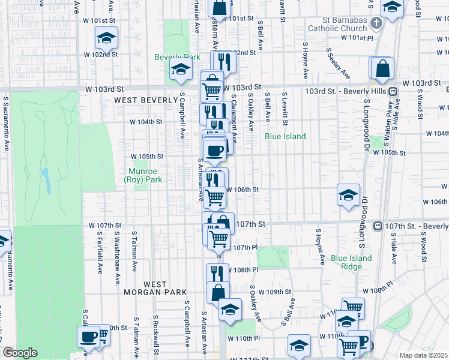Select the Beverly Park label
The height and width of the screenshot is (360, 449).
[169, 58]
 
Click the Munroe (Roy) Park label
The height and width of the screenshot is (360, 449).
[143, 175]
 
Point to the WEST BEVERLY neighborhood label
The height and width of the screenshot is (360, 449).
[144, 100]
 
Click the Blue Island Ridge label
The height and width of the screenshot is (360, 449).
[351, 263]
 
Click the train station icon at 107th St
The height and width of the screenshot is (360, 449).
[378, 226]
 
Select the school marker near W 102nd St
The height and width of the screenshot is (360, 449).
[106, 39]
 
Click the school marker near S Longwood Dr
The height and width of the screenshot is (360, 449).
[348, 194]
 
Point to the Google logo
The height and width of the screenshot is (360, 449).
[20, 352]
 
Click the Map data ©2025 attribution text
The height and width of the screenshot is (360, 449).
[423, 355]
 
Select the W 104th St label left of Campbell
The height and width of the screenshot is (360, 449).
[146, 122]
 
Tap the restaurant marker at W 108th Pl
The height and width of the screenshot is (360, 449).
[217, 273]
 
